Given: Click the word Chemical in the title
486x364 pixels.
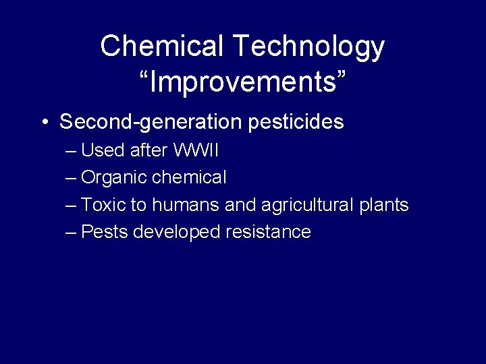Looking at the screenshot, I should click(162, 47).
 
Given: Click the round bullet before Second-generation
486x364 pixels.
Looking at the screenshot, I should click(44, 123).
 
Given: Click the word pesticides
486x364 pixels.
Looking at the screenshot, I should click(296, 122).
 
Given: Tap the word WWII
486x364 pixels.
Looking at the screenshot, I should click(196, 150).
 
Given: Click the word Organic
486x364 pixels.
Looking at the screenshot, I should click(114, 178).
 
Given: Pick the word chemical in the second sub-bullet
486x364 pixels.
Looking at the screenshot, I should click(190, 177).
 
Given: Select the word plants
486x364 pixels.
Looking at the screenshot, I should click(383, 205).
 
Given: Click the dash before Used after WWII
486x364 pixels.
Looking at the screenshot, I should click(72, 150).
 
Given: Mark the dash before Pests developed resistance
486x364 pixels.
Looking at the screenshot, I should click(72, 233).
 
